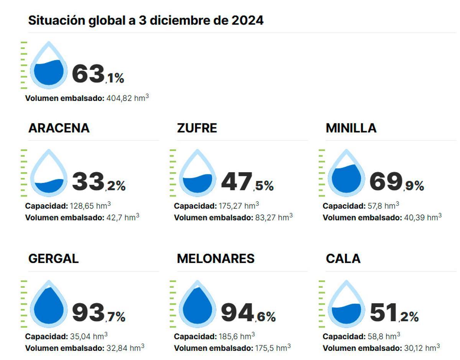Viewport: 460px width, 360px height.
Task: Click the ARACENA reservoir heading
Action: point(59,128)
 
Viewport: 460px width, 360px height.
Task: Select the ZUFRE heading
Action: point(197,128)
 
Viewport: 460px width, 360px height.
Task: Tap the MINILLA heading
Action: point(351,128)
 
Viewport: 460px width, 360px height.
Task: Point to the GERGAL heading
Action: point(53,258)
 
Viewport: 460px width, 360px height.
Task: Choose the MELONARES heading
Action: point(215,258)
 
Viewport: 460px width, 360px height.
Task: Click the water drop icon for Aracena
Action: point(49,174)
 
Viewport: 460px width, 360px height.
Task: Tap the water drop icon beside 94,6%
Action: point(197,305)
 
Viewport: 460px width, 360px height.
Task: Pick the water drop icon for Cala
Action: point(346,305)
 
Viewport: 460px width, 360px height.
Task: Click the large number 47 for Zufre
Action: point(237,181)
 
